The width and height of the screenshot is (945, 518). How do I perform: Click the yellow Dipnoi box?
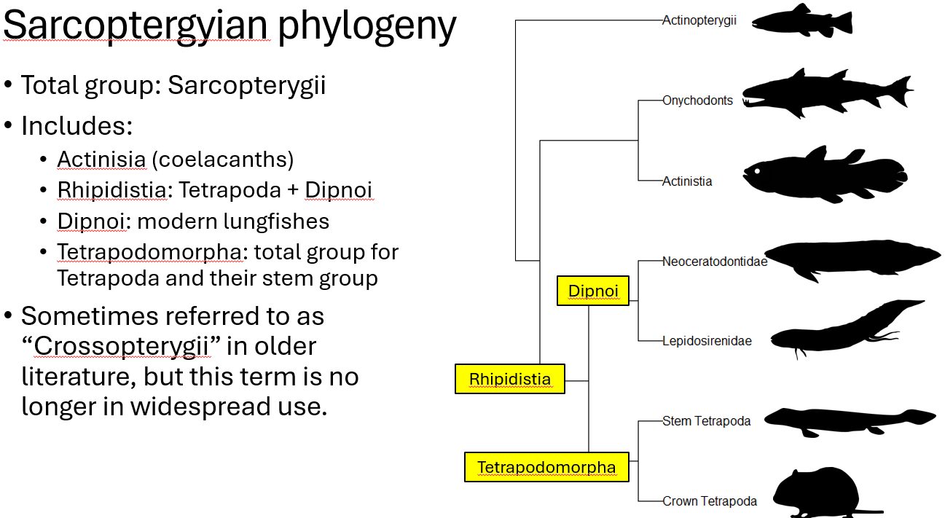click(593, 291)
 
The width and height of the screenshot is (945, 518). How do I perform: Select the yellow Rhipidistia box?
click(509, 379)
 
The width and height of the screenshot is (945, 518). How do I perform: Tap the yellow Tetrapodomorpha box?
click(546, 467)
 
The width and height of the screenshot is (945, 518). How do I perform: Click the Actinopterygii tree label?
click(699, 20)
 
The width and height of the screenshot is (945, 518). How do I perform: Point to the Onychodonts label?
click(697, 101)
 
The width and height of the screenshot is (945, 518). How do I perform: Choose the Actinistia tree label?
click(687, 181)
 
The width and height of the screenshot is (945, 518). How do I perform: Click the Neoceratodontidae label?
click(714, 262)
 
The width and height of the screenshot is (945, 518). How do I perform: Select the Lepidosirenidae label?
click(707, 340)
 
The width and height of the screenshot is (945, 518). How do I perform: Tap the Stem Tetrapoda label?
click(706, 420)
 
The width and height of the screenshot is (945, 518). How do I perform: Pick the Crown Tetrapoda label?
click(709, 501)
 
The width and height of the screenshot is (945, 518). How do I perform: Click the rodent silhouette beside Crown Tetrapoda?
click(816, 492)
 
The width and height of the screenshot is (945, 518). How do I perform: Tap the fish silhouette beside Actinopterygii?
click(801, 21)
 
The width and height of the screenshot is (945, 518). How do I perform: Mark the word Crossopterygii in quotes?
click(122, 346)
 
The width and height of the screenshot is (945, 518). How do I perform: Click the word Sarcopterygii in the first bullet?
click(246, 85)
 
